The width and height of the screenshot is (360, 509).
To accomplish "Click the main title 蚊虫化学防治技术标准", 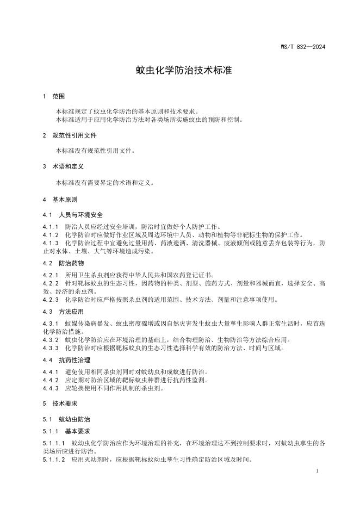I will click(180, 71).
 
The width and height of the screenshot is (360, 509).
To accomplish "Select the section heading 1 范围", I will click(54, 96).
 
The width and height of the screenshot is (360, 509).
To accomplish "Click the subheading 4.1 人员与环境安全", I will click(72, 215).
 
